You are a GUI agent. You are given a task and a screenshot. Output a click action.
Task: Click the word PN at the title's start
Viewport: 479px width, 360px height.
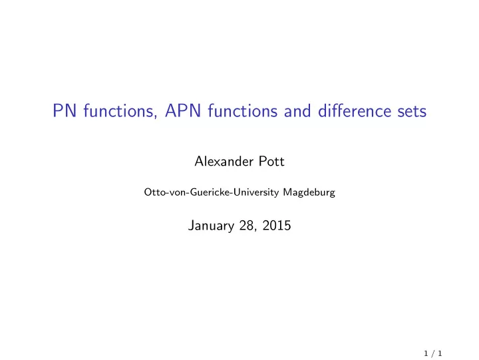pyautogui.click(x=65, y=110)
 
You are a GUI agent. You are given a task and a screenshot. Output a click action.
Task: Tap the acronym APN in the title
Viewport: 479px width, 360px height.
pyautogui.click(x=183, y=110)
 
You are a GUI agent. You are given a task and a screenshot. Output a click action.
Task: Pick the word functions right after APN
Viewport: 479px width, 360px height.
pyautogui.click(x=243, y=110)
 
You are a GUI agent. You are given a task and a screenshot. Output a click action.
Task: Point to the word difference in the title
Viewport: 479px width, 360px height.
pyautogui.click(x=355, y=110)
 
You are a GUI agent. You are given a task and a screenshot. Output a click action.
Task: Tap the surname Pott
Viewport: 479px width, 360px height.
pyautogui.click(x=271, y=161)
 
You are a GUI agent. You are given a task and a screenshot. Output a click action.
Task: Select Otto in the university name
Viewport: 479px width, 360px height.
pyautogui.click(x=152, y=192)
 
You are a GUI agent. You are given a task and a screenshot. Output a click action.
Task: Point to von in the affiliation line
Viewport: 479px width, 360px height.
pyautogui.click(x=172, y=193)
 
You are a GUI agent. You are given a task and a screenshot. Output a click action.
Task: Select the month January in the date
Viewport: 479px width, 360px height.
pyautogui.click(x=211, y=226)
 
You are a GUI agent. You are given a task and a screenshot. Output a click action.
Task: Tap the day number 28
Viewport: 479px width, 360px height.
pyautogui.click(x=247, y=226)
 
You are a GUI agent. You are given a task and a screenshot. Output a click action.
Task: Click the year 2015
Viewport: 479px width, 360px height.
pyautogui.click(x=277, y=226)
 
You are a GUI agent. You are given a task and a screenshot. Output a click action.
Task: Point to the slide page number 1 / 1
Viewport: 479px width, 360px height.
pyautogui.click(x=433, y=353)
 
